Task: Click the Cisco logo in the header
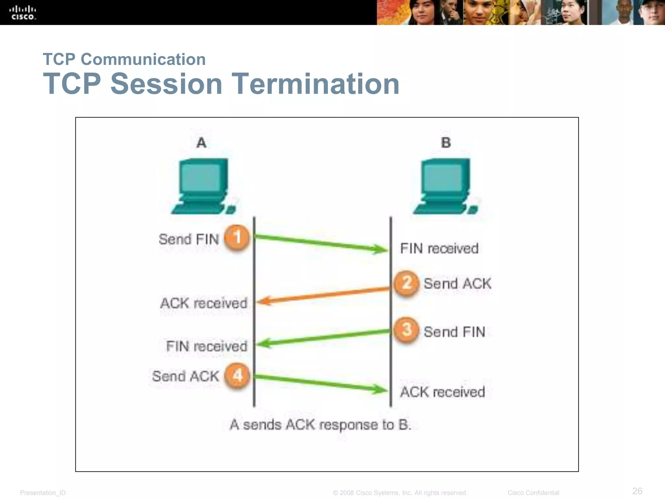point(23,13)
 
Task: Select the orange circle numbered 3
point(406,330)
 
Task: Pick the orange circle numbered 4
point(237,376)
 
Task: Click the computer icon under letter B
point(446,186)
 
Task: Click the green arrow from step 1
point(321,243)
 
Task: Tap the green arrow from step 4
point(321,383)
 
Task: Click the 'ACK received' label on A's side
point(204,303)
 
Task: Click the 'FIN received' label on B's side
point(439,249)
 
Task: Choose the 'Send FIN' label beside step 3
point(454,332)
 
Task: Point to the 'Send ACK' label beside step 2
point(458,284)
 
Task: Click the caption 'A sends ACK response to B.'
point(320,425)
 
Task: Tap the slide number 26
point(637,491)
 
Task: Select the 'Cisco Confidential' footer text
point(533,493)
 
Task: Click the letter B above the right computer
point(446,143)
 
